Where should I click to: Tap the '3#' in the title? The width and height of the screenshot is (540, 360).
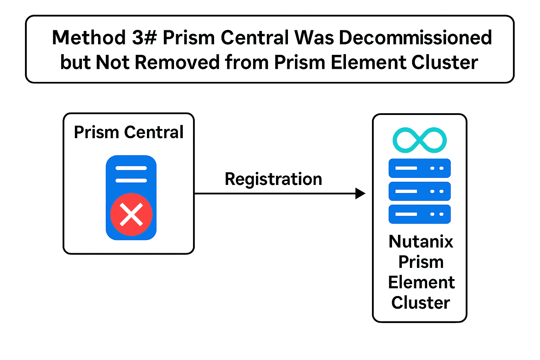[x=144, y=38]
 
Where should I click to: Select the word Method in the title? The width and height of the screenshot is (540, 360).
[x=89, y=38]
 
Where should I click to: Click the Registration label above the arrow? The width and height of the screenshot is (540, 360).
[x=273, y=179]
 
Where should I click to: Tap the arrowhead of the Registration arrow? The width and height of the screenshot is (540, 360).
[x=360, y=193]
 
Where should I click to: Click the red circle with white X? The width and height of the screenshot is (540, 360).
[x=131, y=214]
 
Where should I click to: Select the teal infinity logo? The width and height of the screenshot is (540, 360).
[x=419, y=140]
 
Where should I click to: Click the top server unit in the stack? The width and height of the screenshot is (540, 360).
[x=419, y=168]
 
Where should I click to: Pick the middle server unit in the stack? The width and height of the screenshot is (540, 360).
[x=419, y=191]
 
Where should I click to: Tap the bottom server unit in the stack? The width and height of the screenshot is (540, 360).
[x=419, y=214]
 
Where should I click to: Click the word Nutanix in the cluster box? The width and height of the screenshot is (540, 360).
[x=421, y=242]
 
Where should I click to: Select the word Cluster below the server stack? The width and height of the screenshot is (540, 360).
[x=420, y=303]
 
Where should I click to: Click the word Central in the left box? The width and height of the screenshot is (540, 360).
[x=154, y=133]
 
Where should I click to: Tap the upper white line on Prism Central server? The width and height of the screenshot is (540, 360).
[x=131, y=168]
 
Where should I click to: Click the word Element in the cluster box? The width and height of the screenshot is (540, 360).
[x=421, y=282]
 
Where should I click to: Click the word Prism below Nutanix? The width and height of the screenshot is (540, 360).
[x=421, y=262]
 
